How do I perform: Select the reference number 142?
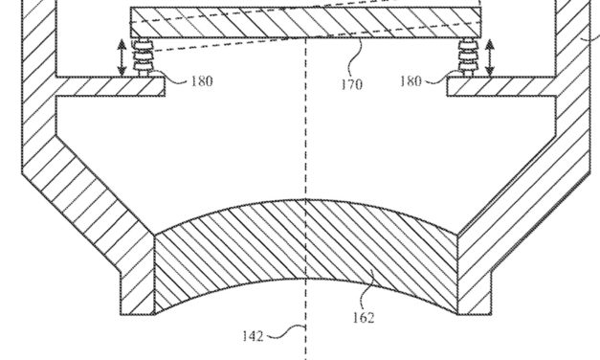(252, 335)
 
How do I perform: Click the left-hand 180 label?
(201, 81)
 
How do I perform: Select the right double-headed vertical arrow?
(491, 57)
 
